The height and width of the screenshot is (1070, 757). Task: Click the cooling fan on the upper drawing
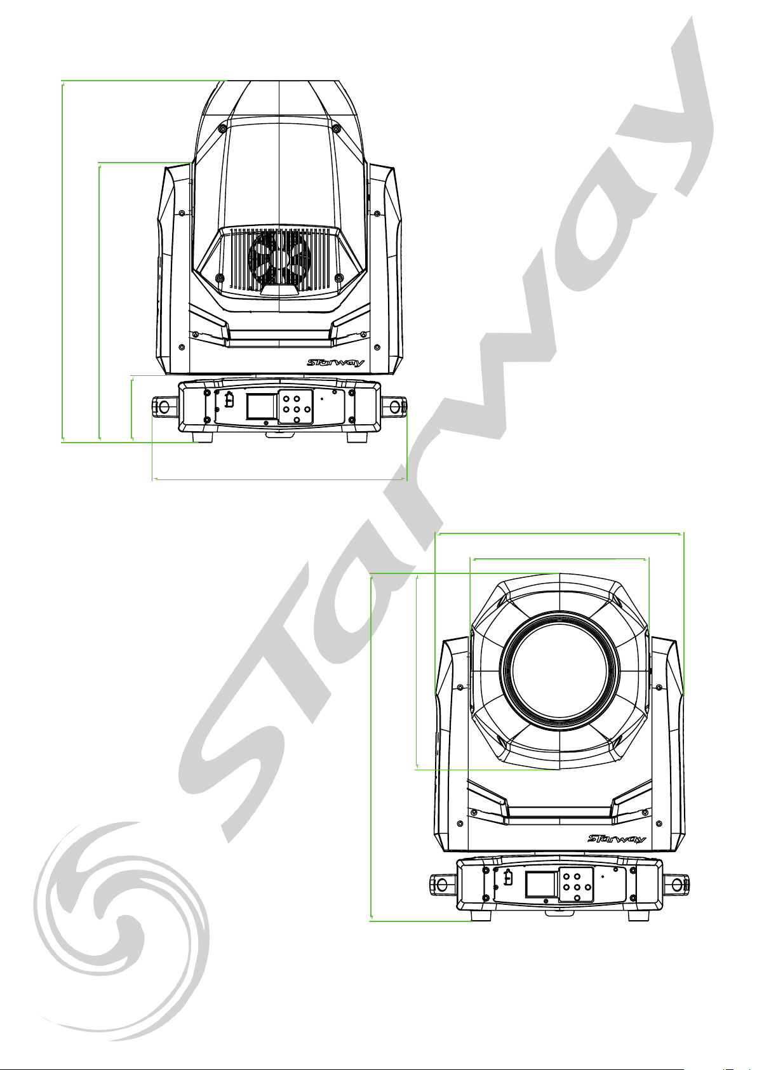279,258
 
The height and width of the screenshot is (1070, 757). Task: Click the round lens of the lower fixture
559,670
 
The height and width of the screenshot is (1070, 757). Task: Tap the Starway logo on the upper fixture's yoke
335,363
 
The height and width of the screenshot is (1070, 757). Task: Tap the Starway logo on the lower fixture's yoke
617,839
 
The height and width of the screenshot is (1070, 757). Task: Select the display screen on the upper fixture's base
261,406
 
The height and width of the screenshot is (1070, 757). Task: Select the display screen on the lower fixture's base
542,884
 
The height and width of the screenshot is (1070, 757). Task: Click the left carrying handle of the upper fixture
164,406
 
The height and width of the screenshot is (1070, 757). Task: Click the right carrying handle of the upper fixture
394,406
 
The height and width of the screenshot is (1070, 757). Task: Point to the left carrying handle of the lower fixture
444,884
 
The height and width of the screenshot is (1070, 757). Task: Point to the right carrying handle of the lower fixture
675,884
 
